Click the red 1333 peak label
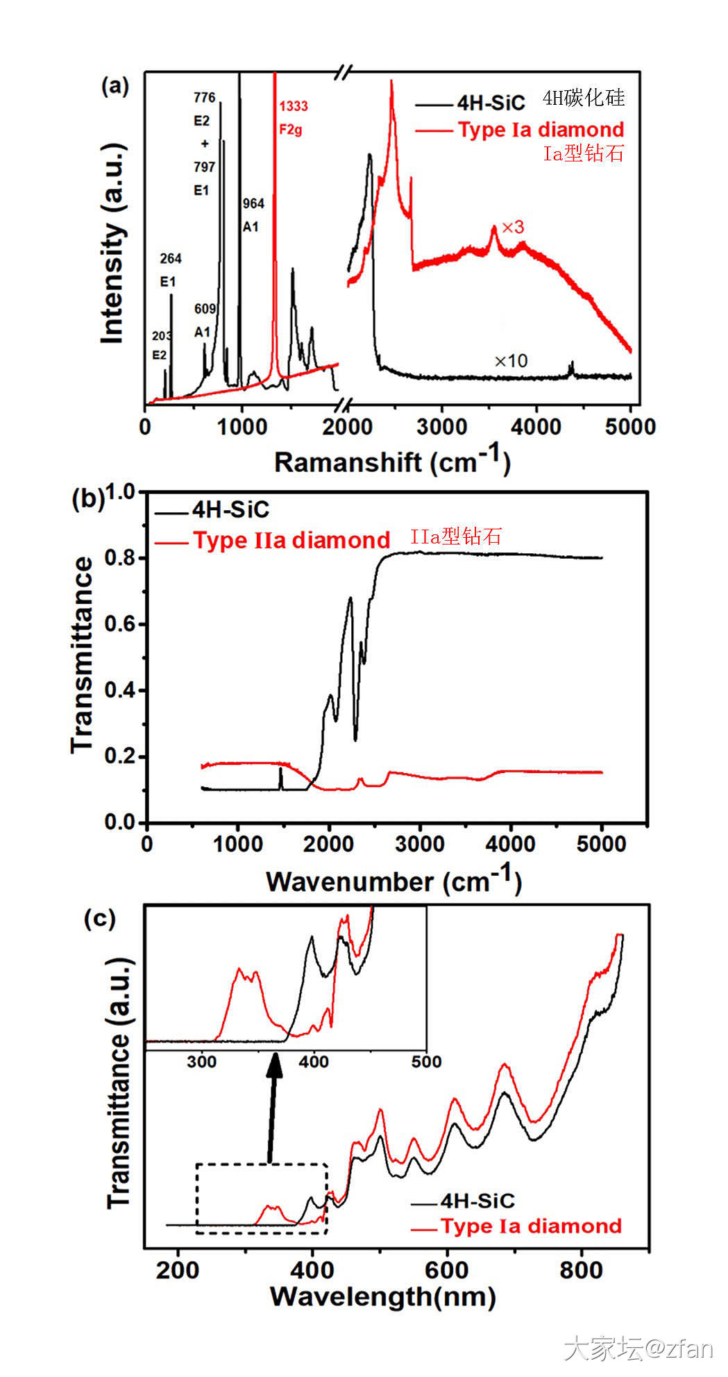click(x=293, y=106)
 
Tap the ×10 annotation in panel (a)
click(x=511, y=361)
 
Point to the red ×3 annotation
click(x=513, y=227)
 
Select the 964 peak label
click(x=253, y=203)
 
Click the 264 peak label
click(x=171, y=259)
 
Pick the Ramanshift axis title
click(x=392, y=461)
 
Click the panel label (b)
click(x=88, y=498)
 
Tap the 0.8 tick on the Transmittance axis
click(x=119, y=558)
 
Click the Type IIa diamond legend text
click(x=291, y=540)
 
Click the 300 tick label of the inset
click(x=202, y=1061)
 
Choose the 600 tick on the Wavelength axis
click(x=446, y=1270)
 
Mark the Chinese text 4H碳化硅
click(x=583, y=98)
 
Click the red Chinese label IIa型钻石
click(x=455, y=537)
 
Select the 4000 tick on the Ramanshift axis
click(x=536, y=426)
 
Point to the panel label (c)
click(x=99, y=918)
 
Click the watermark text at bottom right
click(x=638, y=1349)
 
